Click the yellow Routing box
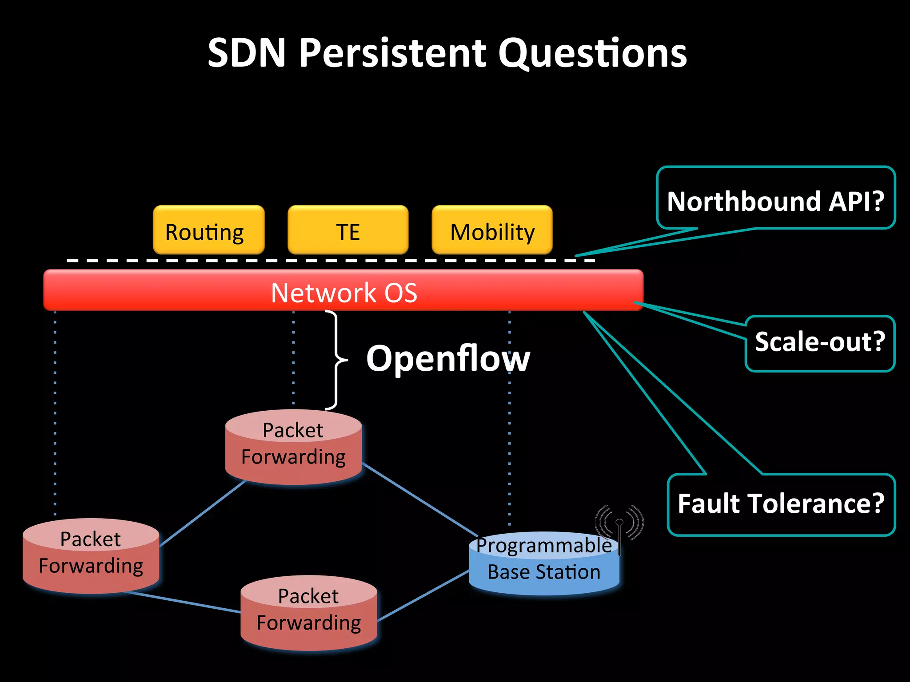pyautogui.click(x=208, y=230)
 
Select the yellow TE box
pyautogui.click(x=348, y=230)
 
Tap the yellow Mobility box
pyautogui.click(x=492, y=230)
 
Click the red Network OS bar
pyautogui.click(x=343, y=291)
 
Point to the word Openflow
pyautogui.click(x=448, y=359)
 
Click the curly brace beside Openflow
pyautogui.click(x=336, y=360)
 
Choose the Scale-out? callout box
pyautogui.click(x=820, y=343)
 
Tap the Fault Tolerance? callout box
pyautogui.click(x=781, y=505)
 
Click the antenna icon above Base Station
pyautogui.click(x=619, y=524)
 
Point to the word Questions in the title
pyautogui.click(x=592, y=53)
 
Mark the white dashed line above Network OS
pyautogui.click(x=311, y=260)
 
